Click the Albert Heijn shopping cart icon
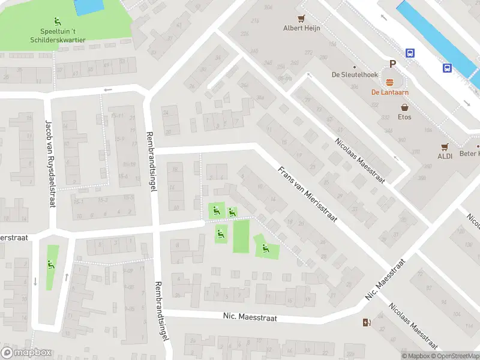[x=302, y=18]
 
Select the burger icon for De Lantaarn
[x=390, y=82]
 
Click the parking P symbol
[x=393, y=64]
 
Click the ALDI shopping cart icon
[x=445, y=146]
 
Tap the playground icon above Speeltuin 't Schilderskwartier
[x=58, y=22]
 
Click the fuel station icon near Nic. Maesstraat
[x=367, y=323]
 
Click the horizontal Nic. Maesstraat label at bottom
[x=250, y=316]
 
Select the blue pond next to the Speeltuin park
[x=89, y=7]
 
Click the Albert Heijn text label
[x=302, y=28]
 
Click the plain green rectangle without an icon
[x=241, y=236]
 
